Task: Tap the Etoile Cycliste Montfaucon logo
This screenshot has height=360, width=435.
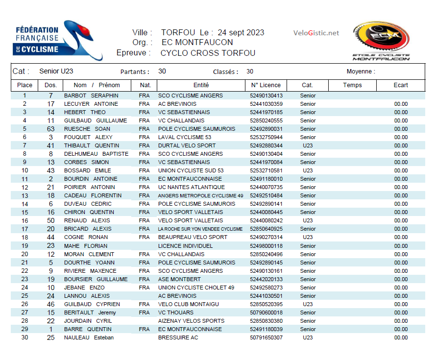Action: pyautogui.click(x=381, y=42)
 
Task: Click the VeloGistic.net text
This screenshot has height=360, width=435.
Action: pyautogui.click(x=316, y=33)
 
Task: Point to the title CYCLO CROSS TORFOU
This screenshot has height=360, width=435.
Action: pyautogui.click(x=208, y=53)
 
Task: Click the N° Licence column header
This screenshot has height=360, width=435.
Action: pyautogui.click(x=266, y=85)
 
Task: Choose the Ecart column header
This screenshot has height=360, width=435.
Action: pyautogui.click(x=401, y=85)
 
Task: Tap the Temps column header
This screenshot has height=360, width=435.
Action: pyautogui.click(x=352, y=85)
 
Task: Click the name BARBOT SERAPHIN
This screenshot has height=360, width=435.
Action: pyautogui.click(x=91, y=96)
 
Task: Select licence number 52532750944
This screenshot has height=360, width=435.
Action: pyautogui.click(x=266, y=137)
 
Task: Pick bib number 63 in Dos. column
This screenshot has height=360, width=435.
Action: pyautogui.click(x=51, y=129)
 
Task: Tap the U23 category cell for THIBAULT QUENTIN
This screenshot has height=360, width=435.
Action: pyautogui.click(x=308, y=145)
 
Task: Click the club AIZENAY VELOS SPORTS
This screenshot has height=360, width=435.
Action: pyautogui.click(x=191, y=321)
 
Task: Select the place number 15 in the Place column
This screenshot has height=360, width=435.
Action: pyautogui.click(x=25, y=212)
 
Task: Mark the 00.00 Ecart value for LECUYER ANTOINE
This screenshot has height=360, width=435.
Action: pyautogui.click(x=401, y=104)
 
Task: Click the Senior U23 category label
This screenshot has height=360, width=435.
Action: pyautogui.click(x=56, y=72)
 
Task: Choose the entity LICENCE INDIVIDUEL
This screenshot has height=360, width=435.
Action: pyautogui.click(x=185, y=246)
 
